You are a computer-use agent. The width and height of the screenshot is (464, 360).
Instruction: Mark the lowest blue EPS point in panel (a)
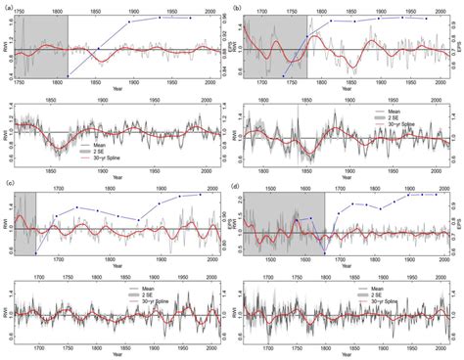point(68,75)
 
